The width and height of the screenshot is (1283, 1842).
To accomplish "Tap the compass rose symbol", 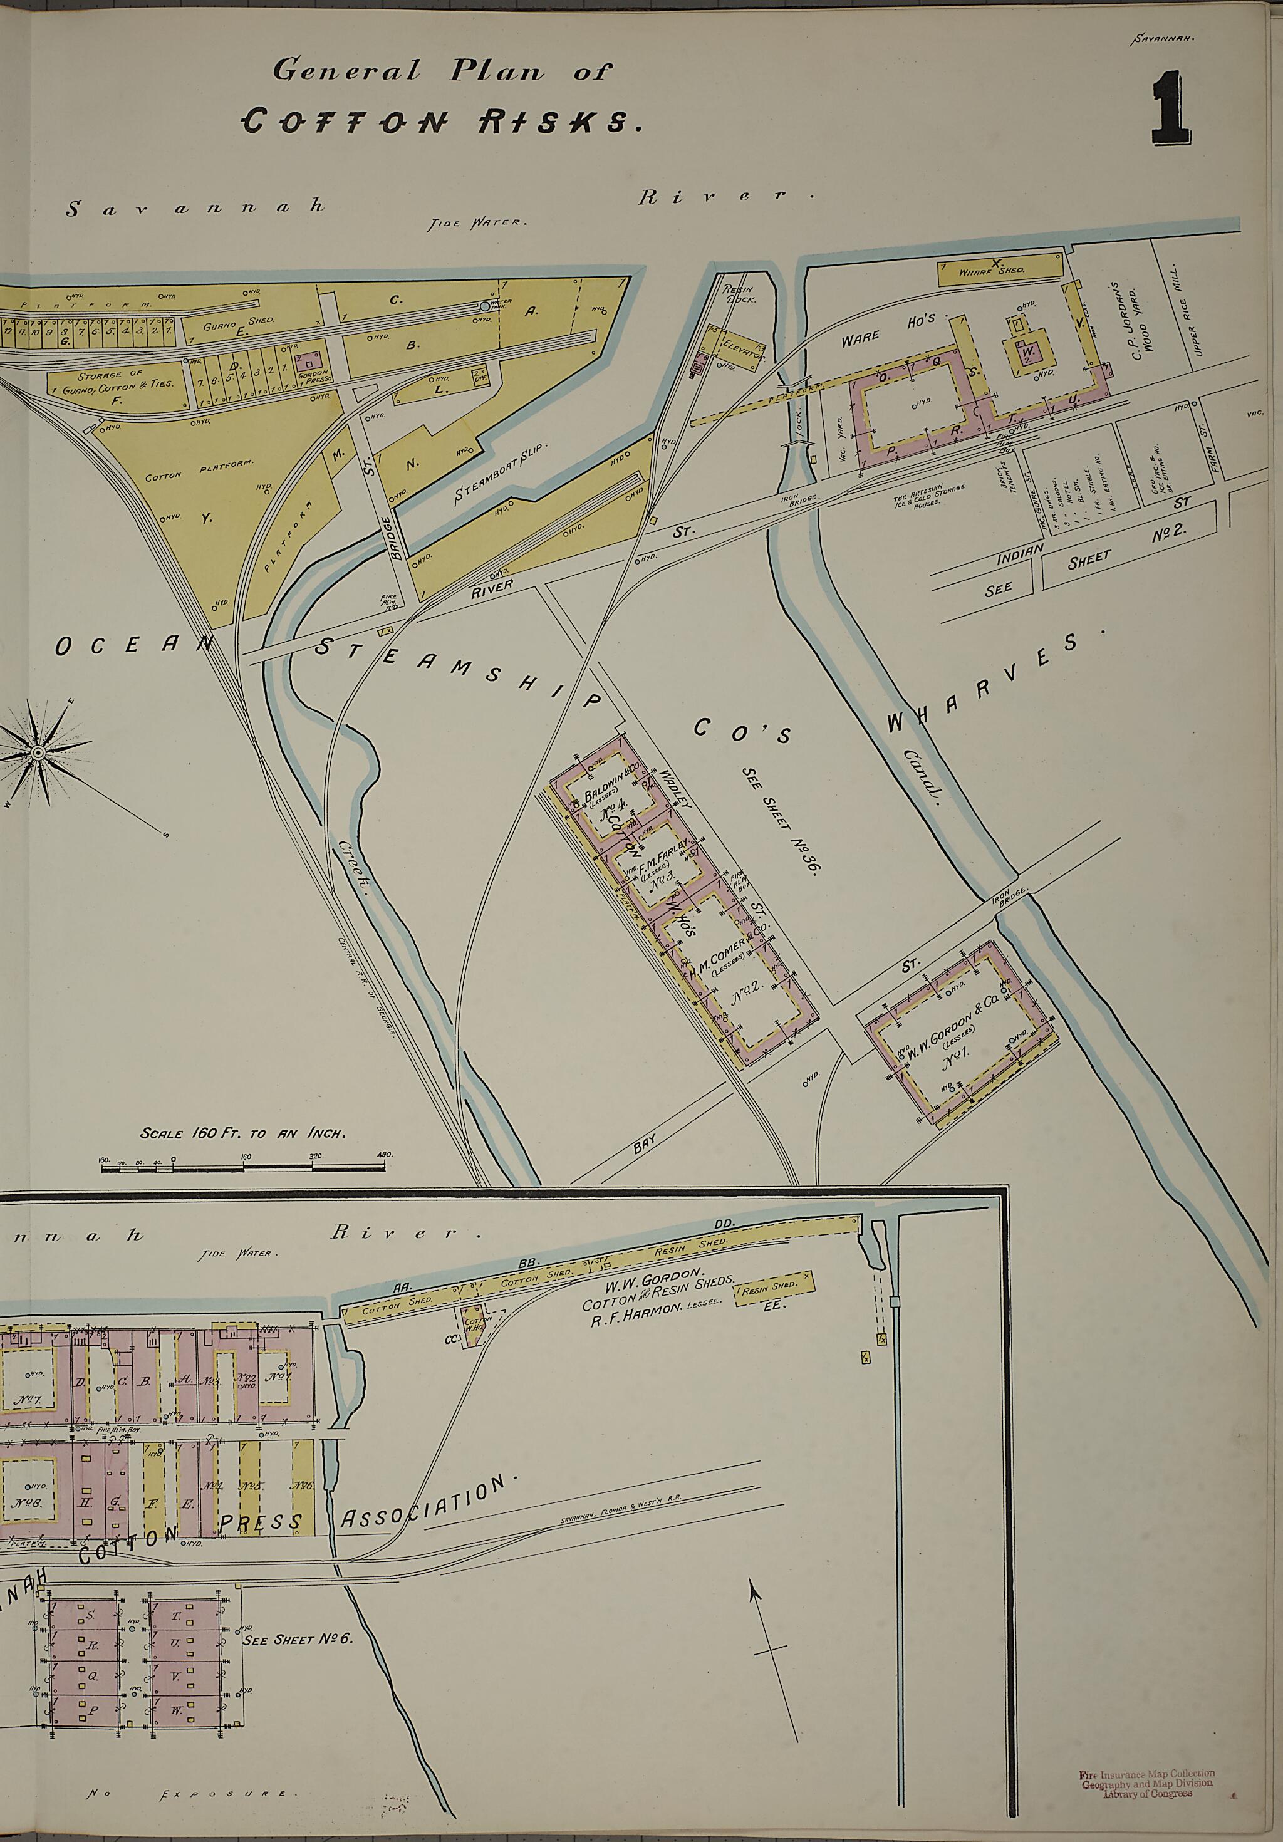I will point(38,752).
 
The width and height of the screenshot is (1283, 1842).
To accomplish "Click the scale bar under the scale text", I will point(245,1164).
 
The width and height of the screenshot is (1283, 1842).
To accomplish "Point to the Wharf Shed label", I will point(992,271).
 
